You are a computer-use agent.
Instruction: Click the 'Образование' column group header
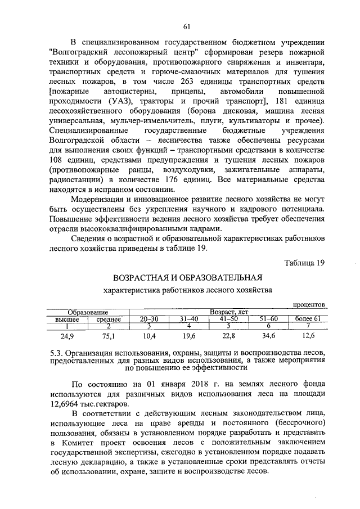click(x=88, y=312)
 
